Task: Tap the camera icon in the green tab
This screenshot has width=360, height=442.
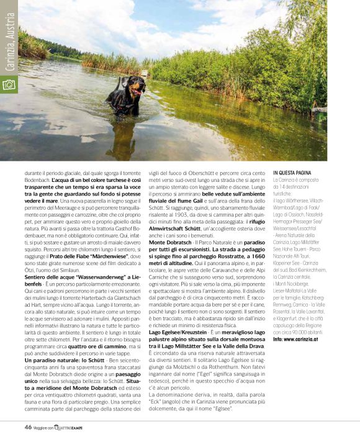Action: [x=9, y=83]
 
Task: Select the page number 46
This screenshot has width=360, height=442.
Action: [x=28, y=427]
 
